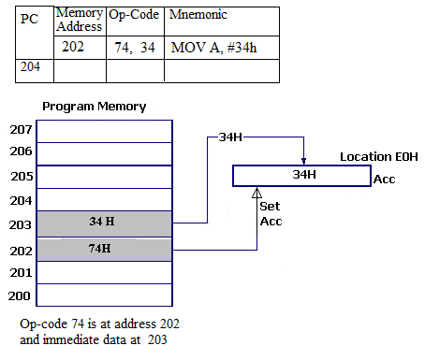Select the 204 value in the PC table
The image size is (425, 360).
[x=31, y=67]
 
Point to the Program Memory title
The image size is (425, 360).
[x=93, y=107]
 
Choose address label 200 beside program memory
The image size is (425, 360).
[x=20, y=295]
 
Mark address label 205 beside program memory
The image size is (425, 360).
[x=20, y=176]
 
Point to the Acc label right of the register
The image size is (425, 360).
[x=385, y=179]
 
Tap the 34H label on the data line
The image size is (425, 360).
[x=230, y=137]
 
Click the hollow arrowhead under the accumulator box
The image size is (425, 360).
[x=258, y=193]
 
